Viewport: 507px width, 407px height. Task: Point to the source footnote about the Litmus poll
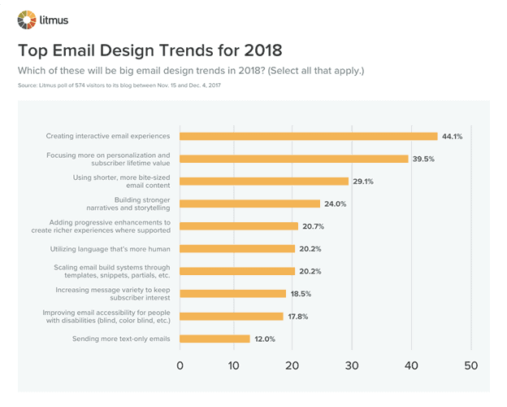point(119,85)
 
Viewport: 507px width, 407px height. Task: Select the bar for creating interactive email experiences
point(308,136)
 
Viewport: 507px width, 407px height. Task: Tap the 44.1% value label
point(452,136)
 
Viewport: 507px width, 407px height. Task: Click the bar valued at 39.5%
point(293,159)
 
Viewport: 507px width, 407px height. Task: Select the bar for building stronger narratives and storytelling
point(249,203)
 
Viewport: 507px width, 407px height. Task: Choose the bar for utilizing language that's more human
point(236,248)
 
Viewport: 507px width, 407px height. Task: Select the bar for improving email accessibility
point(231,316)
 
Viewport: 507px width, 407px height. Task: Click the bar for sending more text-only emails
point(214,339)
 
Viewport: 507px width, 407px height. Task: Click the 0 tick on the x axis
point(180,365)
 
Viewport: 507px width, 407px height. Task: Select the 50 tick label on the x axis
point(470,365)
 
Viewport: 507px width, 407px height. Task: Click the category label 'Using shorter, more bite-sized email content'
point(117,181)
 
